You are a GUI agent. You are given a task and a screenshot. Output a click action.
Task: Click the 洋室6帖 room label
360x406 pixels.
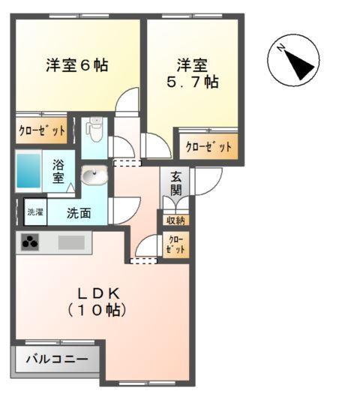pyautogui.click(x=77, y=65)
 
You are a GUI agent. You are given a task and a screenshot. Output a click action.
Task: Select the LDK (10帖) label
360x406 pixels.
pyautogui.click(x=97, y=300)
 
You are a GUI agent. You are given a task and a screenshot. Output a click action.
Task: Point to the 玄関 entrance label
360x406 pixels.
pyautogui.click(x=176, y=184)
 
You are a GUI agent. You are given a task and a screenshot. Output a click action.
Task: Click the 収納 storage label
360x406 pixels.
pyautogui.click(x=176, y=220)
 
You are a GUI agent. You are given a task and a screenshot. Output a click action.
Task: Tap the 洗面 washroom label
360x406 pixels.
pyautogui.click(x=79, y=212)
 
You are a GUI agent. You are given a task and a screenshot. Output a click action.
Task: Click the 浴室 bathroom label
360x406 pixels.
pyautogui.click(x=58, y=172)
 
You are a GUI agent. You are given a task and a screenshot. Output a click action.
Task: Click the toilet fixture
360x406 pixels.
pyautogui.click(x=94, y=133)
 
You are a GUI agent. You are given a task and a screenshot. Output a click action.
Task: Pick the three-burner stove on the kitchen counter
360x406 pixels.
pyautogui.click(x=31, y=242)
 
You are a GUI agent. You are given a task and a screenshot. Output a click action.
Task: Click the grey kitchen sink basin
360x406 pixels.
pyautogui.click(x=72, y=242)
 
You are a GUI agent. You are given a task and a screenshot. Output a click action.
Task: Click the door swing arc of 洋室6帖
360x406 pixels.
pyautogui.click(x=129, y=101)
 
